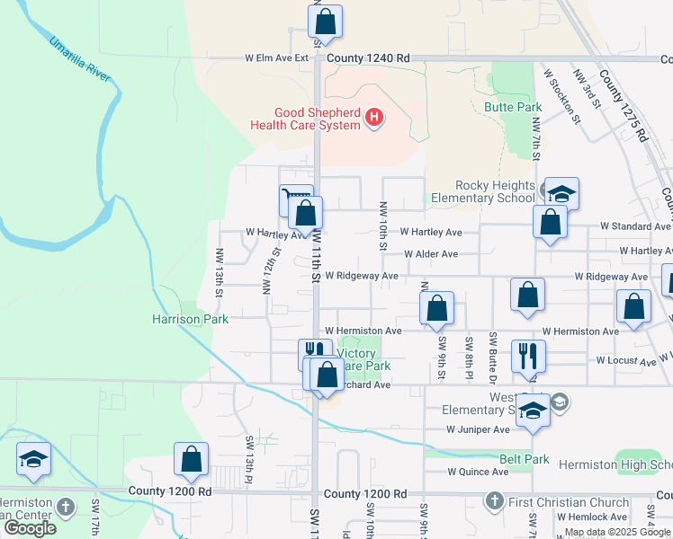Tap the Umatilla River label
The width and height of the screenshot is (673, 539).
pyautogui.click(x=80, y=60)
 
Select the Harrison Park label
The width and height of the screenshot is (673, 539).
pyautogui.click(x=190, y=319)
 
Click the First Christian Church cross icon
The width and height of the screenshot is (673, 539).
pyautogui.click(x=494, y=500)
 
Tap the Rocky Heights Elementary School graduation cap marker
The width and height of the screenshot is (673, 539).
pyautogui.click(x=561, y=194)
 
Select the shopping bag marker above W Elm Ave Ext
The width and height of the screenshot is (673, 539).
pyautogui.click(x=326, y=22)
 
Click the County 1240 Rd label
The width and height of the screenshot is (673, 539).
pyautogui.click(x=368, y=58)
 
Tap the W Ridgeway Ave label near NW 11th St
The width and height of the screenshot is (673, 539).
pyautogui.click(x=362, y=276)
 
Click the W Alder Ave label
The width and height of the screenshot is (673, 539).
pyautogui.click(x=432, y=254)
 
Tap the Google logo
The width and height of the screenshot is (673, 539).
pyautogui.click(x=30, y=528)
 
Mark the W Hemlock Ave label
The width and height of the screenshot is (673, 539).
pyautogui.click(x=591, y=517)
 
